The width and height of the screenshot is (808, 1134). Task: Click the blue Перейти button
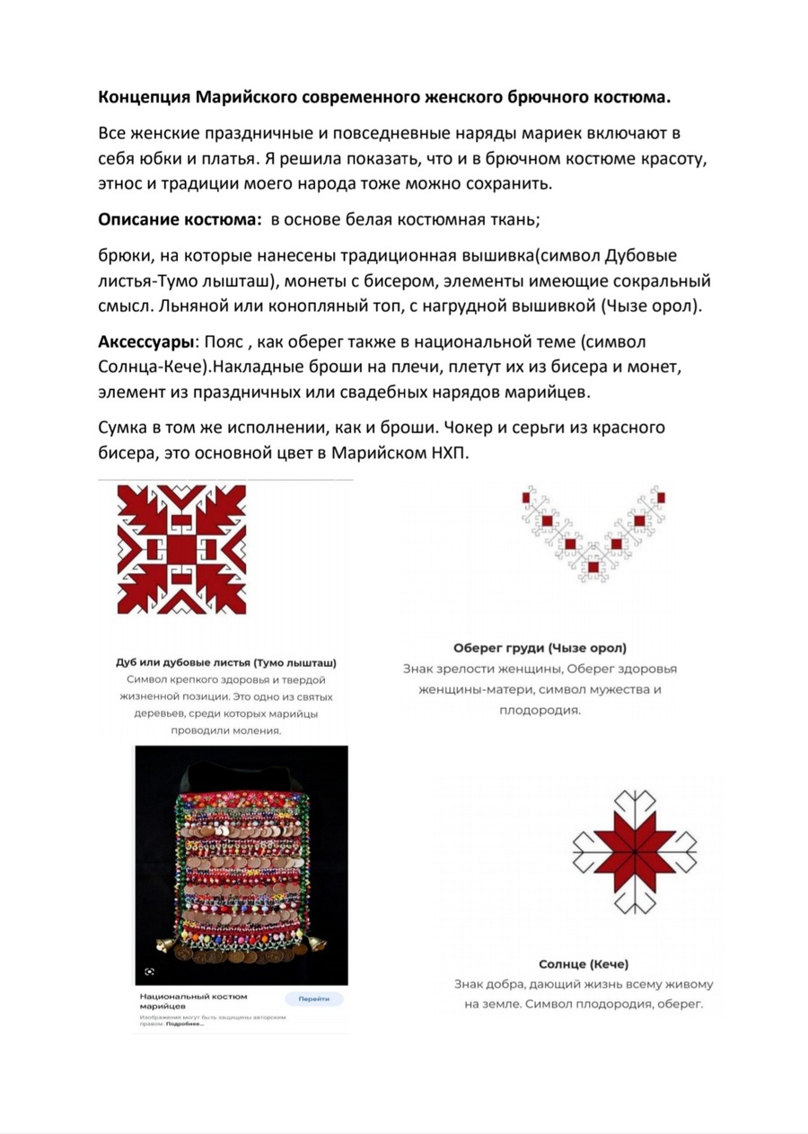[314, 998]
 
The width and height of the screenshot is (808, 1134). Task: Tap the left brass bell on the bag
[164, 946]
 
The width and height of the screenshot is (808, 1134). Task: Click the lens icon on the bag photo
[149, 972]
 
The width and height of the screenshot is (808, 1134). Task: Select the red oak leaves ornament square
[181, 548]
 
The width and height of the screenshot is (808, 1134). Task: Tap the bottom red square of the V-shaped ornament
[593, 565]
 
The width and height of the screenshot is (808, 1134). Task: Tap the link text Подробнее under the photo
[184, 1023]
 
